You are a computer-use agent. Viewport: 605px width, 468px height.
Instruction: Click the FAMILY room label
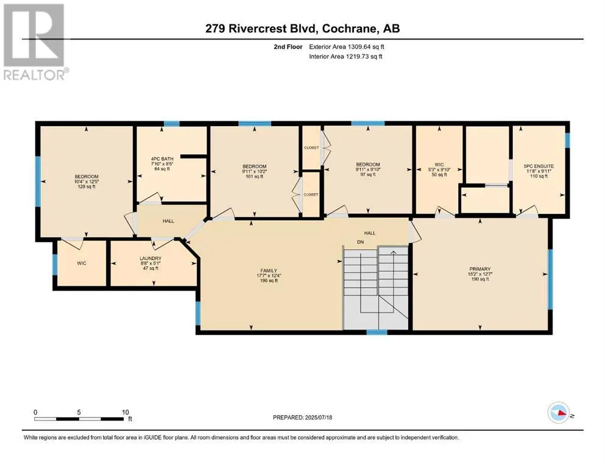point(269,271)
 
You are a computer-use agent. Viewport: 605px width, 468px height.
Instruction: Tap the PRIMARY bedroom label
point(480,269)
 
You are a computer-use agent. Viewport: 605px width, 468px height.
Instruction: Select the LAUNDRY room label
point(150,258)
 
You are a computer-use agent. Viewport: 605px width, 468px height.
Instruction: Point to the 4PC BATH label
point(162,158)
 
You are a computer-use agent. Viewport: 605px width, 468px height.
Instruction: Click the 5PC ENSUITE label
point(539,166)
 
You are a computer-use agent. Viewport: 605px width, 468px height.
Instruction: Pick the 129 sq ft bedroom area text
point(87,186)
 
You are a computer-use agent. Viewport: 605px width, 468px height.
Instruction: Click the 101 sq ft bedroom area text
point(254,177)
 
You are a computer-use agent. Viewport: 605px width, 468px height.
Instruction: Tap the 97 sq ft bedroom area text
point(368,174)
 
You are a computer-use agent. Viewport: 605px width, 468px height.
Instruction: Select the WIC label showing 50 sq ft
point(439,165)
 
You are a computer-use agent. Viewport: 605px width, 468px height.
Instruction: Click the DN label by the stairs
point(360,243)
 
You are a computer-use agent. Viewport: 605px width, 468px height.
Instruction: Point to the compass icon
point(559,413)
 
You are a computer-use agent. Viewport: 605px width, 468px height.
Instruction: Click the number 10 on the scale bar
point(125,412)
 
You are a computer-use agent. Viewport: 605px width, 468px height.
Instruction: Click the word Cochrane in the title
point(348,29)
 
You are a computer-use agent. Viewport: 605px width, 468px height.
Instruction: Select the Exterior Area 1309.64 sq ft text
point(347,47)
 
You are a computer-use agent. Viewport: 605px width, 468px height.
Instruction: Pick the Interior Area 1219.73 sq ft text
point(345,56)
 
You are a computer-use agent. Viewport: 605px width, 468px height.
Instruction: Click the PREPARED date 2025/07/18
point(318,417)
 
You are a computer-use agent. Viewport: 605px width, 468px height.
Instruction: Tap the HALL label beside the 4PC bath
point(168,221)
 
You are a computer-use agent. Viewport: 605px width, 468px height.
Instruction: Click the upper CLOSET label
point(311,147)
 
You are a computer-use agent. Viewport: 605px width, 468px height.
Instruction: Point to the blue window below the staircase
point(377,332)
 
